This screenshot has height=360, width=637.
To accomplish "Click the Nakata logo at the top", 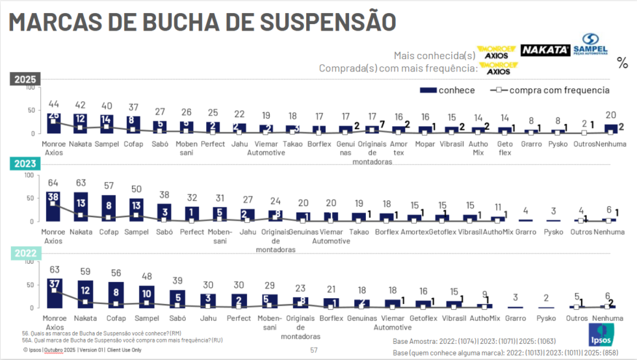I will point(546,50).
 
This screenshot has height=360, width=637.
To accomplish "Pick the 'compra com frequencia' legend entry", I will point(549,90).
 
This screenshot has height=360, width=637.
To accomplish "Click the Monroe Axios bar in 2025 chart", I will point(54,123).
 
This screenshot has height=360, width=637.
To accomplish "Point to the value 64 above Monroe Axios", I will point(54,184).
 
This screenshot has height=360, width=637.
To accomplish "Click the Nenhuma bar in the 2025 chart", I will point(611,129).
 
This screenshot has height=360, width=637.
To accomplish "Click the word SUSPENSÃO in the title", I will point(318,21).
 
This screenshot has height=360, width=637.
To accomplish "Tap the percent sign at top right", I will point(622,63).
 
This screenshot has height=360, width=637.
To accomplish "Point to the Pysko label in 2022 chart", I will point(546,318).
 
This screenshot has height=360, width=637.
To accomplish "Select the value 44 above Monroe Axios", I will point(54,104).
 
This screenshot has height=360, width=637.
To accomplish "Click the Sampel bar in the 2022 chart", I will point(147,296).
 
